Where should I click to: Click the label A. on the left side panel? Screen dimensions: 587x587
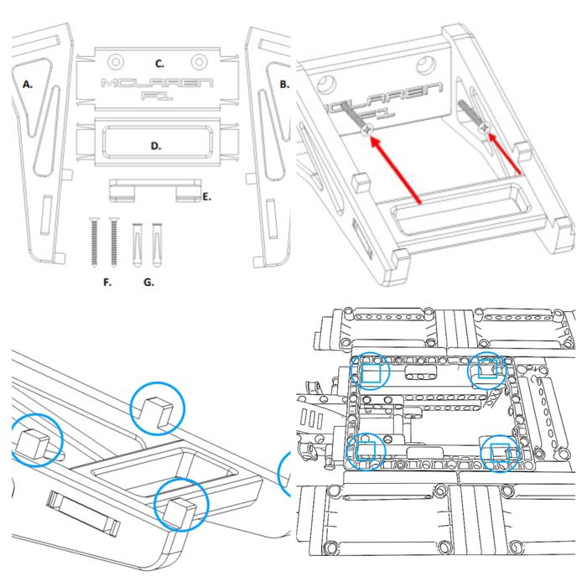(29, 84)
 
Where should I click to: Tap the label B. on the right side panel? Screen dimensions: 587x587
(283, 84)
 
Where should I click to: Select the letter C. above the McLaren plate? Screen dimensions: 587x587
(159, 64)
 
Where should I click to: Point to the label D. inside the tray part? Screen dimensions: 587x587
(155, 145)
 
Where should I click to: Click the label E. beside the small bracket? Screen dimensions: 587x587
(206, 198)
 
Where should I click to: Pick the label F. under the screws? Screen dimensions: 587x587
(106, 283)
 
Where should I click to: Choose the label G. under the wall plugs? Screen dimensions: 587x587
(148, 283)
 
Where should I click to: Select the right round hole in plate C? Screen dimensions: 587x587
(199, 60)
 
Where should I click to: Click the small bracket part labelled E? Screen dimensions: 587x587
(156, 190)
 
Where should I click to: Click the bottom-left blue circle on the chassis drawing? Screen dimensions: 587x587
(366, 451)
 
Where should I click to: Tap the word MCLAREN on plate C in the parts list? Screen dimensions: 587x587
(155, 83)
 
